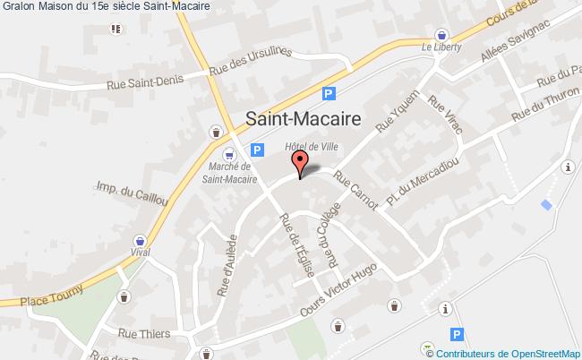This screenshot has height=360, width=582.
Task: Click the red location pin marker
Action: pos(300,163)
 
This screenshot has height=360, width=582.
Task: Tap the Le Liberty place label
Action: pos(440,47)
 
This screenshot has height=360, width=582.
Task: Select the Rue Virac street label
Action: pos(446,115)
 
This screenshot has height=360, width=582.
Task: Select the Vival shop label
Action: pos(139,253)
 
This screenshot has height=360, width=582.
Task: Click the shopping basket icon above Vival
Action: pos(139,240)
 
